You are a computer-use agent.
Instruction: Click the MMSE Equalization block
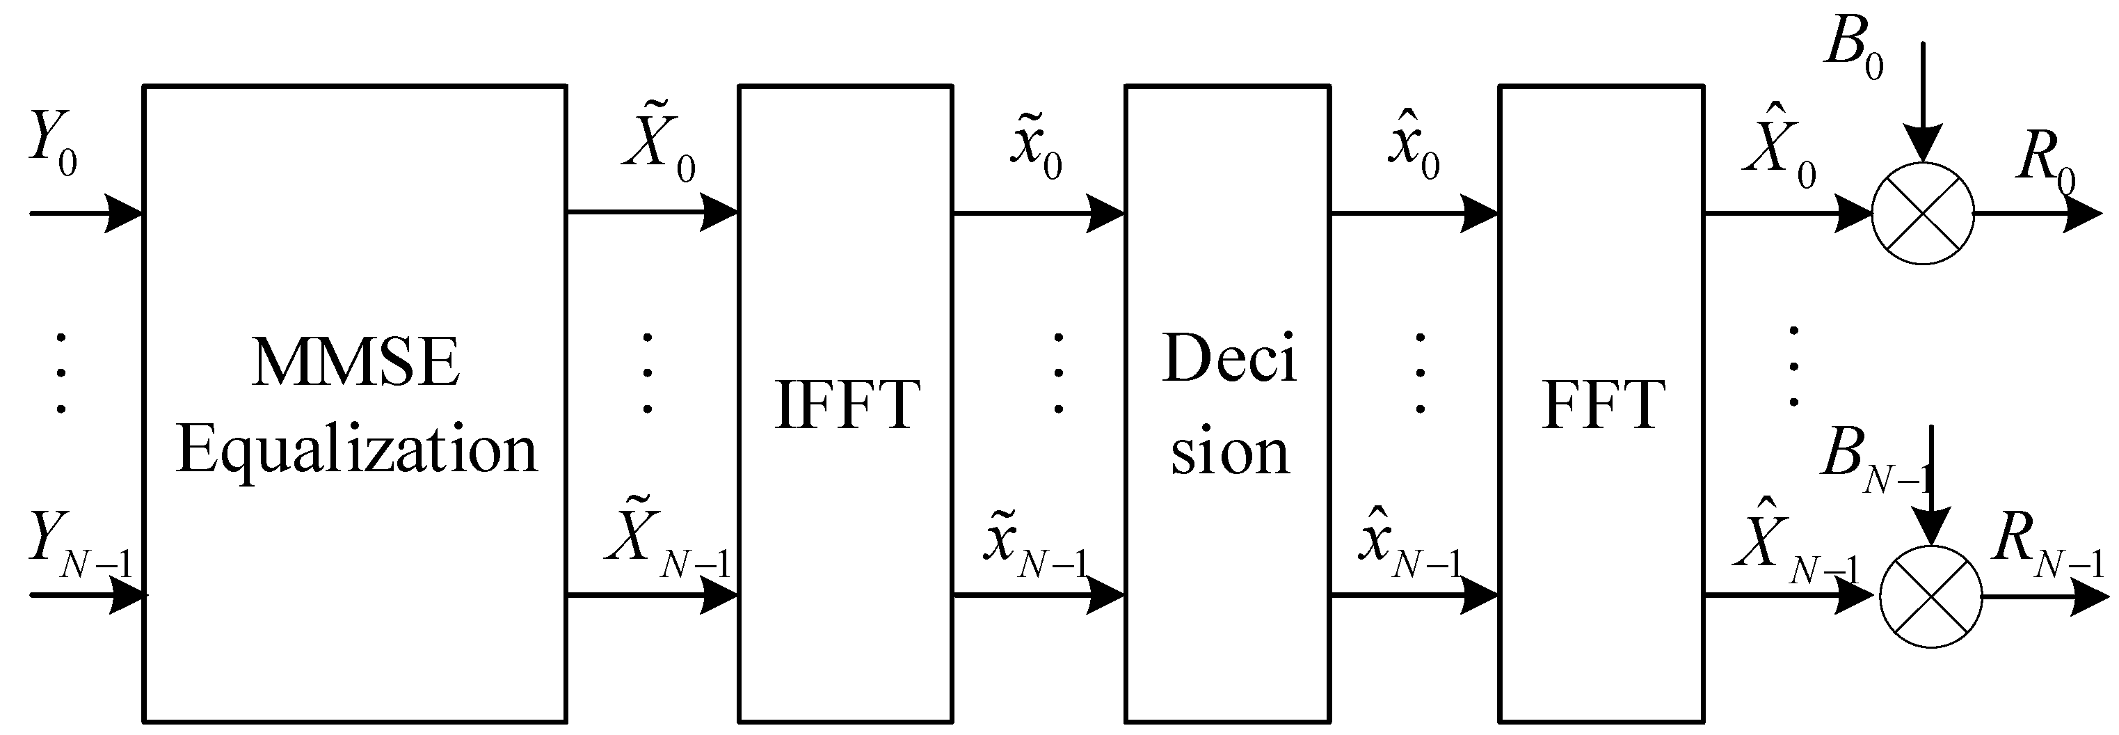point(355,403)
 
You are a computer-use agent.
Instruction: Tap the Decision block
point(1227,403)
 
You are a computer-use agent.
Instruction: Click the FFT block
point(1601,403)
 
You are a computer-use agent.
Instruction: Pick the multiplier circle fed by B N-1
point(1930,595)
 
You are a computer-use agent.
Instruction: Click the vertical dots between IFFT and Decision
point(1058,373)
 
